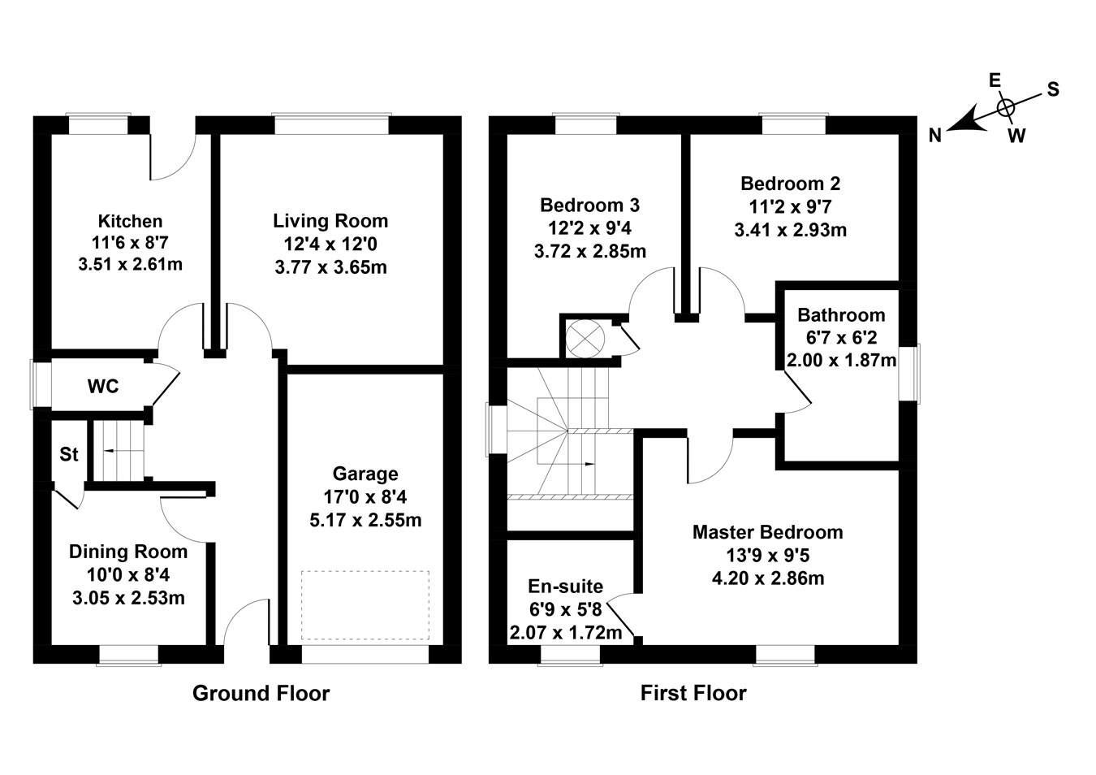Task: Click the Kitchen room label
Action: click(130, 221)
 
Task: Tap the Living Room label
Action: click(330, 221)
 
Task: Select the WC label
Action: click(103, 387)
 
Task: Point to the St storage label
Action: click(69, 454)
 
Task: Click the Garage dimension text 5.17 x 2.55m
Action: click(365, 520)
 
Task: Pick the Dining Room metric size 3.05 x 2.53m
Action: click(128, 599)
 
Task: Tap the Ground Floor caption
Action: click(261, 693)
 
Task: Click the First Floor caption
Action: click(693, 693)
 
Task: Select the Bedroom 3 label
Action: click(589, 205)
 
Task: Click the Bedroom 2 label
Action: click(790, 184)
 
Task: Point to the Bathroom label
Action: click(841, 315)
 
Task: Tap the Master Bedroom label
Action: click(767, 532)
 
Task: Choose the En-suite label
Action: click(565, 587)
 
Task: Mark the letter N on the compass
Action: click(935, 136)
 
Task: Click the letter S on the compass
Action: click(1052, 89)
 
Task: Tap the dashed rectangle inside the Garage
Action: click(365, 604)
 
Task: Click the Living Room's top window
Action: click(330, 124)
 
